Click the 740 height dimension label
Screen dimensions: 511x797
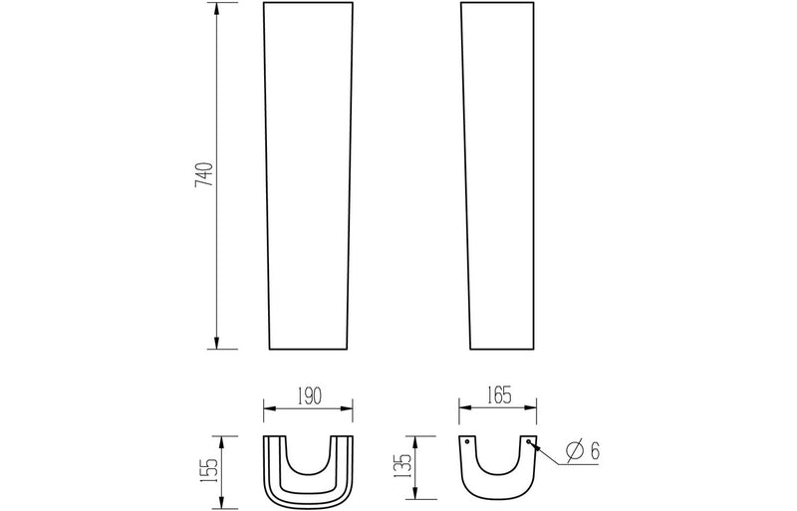click(203, 175)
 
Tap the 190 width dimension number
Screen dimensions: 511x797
click(308, 395)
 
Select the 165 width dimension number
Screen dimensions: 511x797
click(498, 395)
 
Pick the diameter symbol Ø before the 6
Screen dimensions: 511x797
click(575, 451)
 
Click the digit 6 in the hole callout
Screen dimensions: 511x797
click(595, 451)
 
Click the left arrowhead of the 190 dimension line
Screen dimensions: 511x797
click(267, 407)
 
